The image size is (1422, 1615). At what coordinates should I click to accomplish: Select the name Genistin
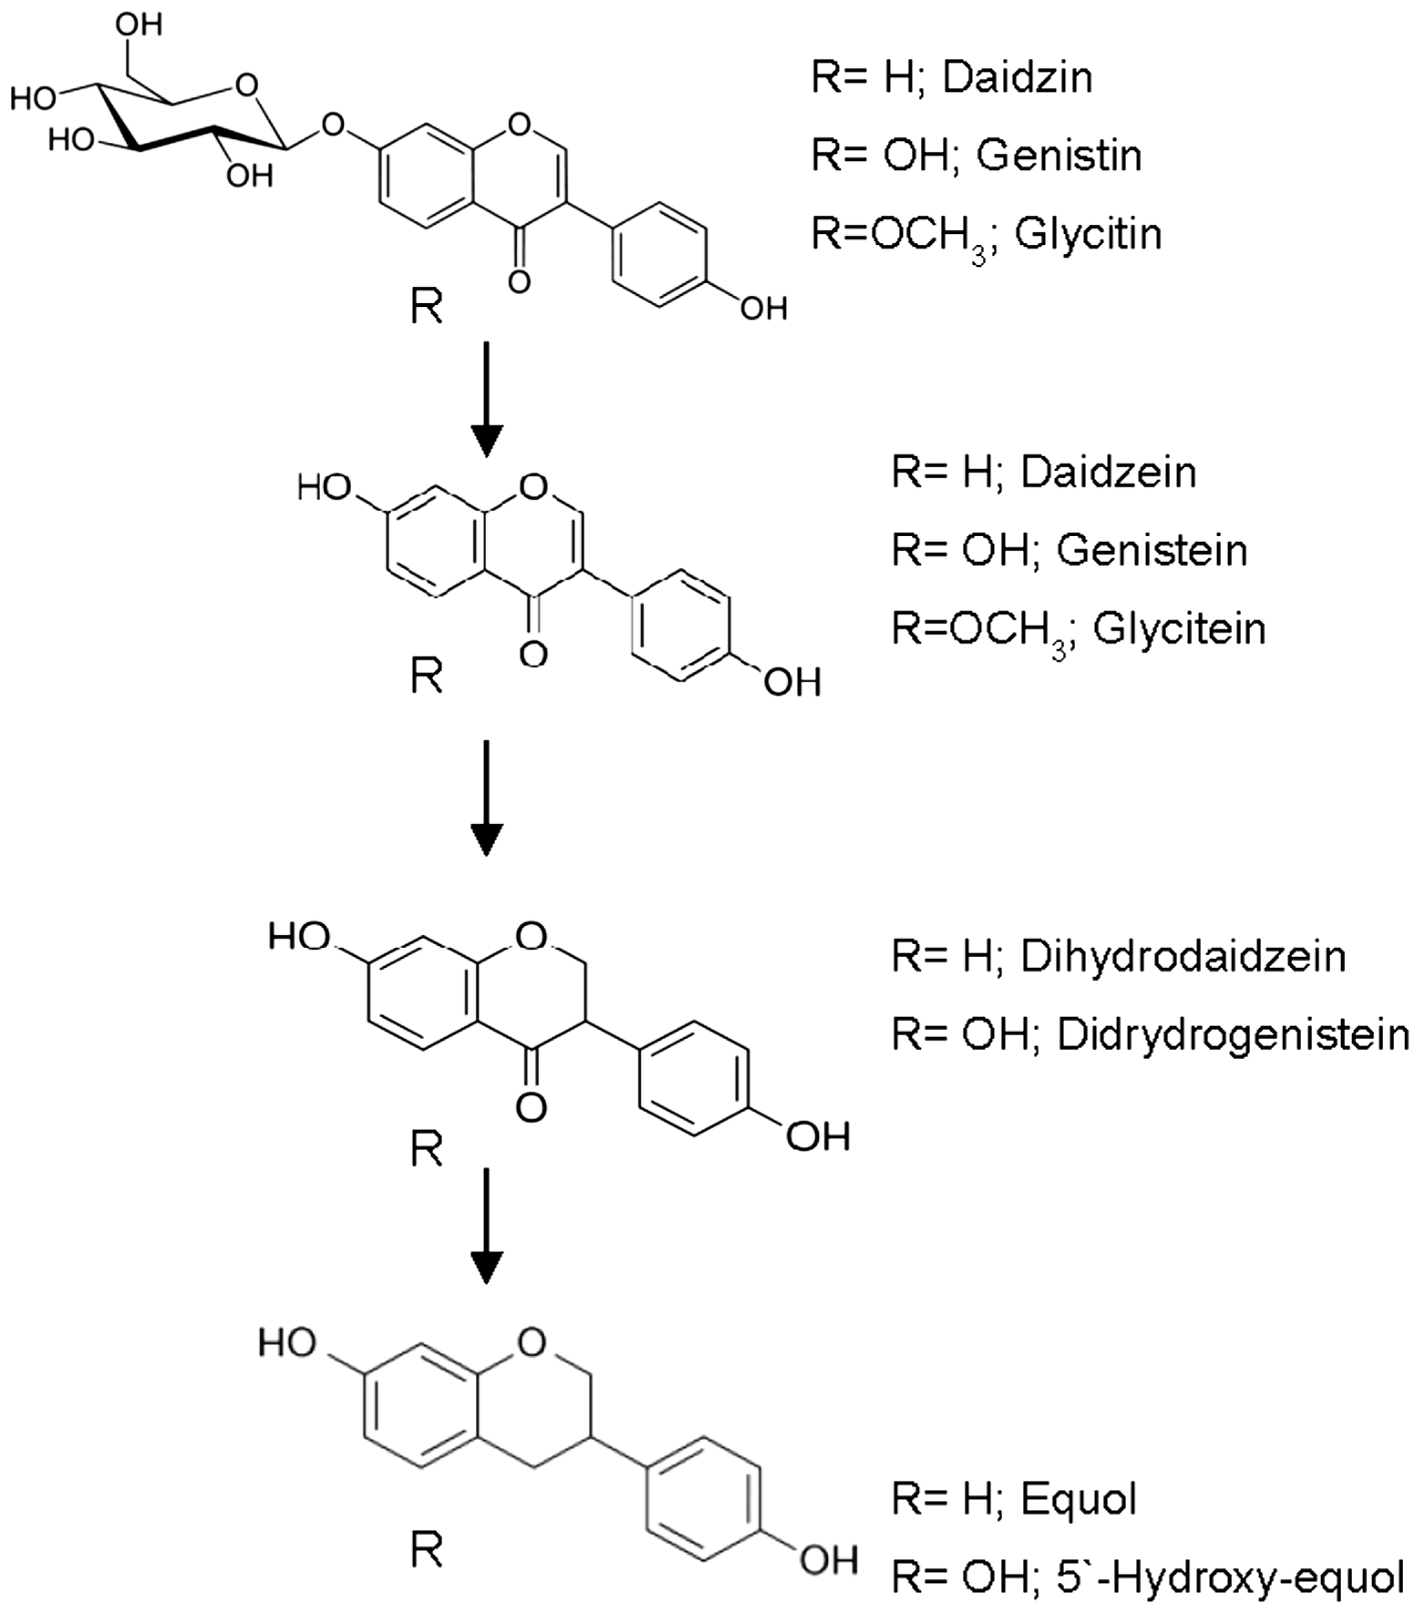click(1059, 156)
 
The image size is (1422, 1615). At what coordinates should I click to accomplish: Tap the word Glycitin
click(1088, 234)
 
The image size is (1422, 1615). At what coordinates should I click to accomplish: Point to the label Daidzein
click(1109, 473)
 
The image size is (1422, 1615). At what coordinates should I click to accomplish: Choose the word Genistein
click(1152, 550)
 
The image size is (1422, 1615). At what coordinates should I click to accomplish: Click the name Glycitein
click(1178, 629)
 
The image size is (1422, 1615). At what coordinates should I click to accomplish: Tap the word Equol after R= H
click(1078, 1499)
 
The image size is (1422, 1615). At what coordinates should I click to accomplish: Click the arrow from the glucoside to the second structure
click(487, 399)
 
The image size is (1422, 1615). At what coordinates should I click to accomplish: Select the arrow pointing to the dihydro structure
click(487, 798)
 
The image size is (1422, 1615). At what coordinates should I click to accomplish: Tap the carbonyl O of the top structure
click(519, 281)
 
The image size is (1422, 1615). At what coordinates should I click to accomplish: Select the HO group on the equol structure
click(287, 1342)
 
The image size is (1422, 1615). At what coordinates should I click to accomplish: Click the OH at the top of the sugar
click(139, 24)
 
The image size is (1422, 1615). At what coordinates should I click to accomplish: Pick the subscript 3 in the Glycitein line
click(1059, 652)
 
